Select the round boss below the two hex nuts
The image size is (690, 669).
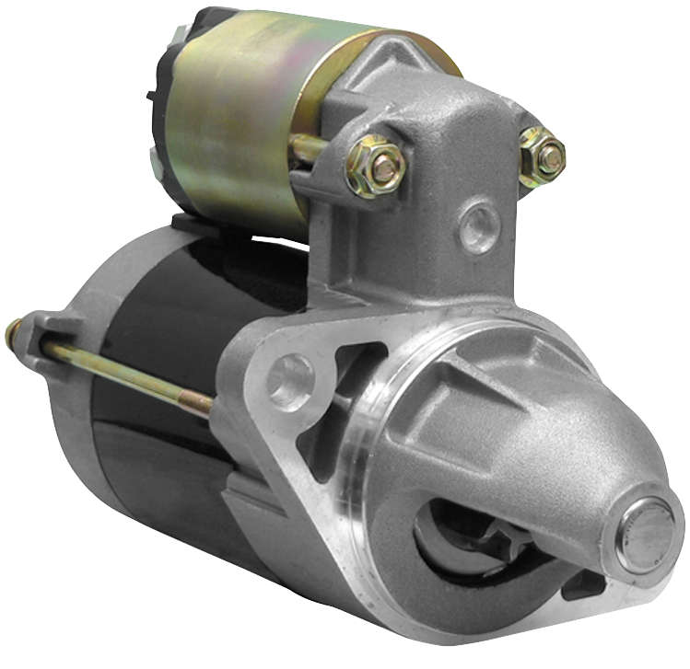coord(480,228)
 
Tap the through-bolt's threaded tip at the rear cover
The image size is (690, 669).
coord(13,331)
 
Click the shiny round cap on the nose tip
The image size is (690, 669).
coord(645,535)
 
